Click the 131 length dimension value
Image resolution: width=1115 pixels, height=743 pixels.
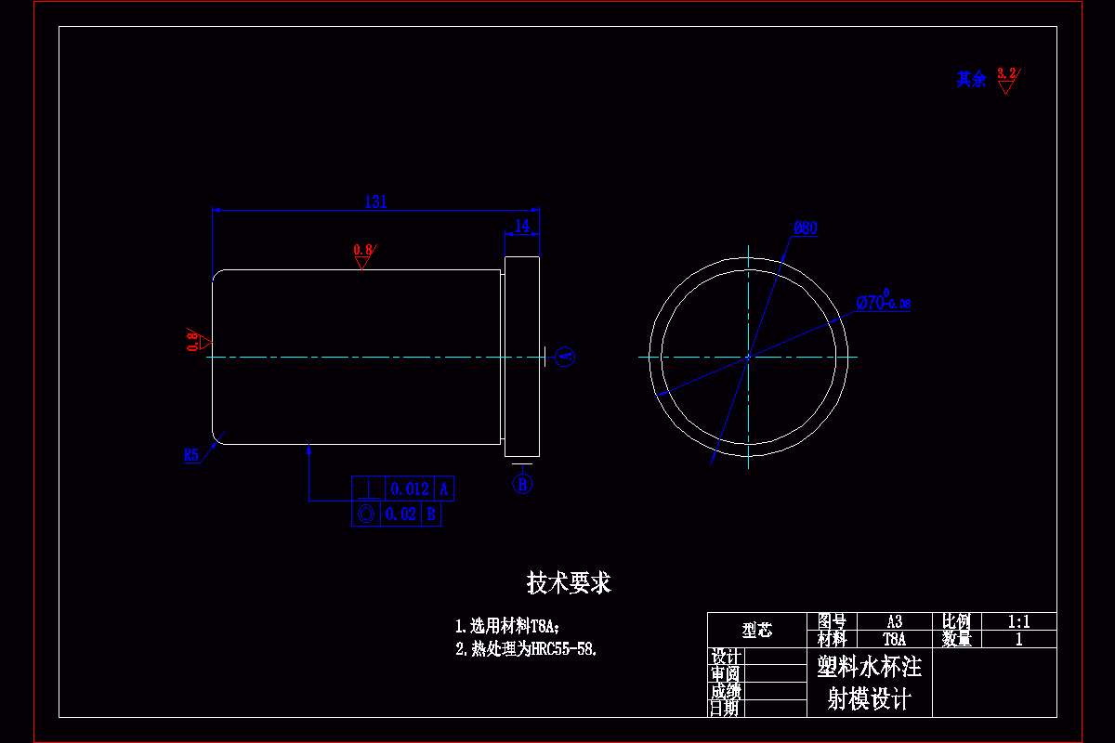pos(375,201)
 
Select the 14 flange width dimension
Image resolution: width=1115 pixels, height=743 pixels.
pos(522,226)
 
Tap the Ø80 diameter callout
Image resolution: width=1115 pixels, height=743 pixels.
pos(806,228)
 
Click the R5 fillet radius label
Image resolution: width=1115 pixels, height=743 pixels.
pos(192,455)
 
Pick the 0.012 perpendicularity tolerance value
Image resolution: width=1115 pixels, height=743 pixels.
pos(410,489)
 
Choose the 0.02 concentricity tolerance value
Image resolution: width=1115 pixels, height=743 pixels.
pos(401,515)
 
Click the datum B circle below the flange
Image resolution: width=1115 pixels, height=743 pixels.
pos(523,484)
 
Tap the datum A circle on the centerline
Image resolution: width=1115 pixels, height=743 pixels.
pos(565,357)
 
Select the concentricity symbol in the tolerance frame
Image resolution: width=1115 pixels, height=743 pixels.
pos(365,515)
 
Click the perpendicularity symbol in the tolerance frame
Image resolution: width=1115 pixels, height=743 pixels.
pos(370,489)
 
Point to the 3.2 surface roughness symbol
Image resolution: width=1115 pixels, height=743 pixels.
pos(1006,79)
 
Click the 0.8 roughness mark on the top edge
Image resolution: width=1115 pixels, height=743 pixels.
pos(362,254)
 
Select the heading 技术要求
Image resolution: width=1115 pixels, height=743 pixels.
pos(569,583)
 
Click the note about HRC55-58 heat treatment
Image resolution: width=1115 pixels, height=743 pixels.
pos(526,649)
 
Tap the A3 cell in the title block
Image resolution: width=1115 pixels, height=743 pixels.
pos(894,621)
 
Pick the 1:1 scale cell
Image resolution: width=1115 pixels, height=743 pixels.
pos(1018,621)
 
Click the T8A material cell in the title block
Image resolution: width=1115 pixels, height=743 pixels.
pos(894,639)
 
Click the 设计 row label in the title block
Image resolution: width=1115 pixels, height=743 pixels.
pos(725,657)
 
